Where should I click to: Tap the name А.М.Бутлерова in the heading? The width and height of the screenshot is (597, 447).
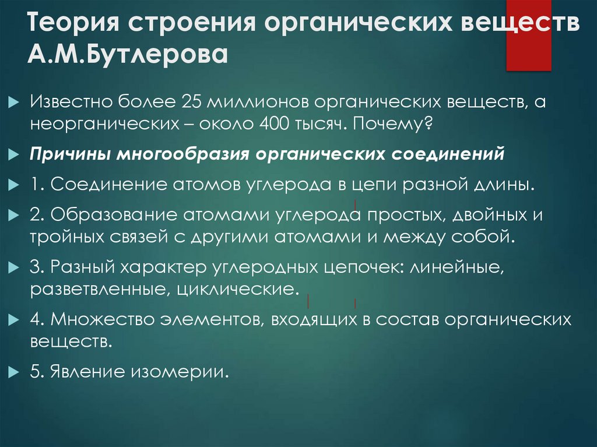coord(127,57)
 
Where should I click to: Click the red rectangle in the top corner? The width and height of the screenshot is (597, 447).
coord(528,35)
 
